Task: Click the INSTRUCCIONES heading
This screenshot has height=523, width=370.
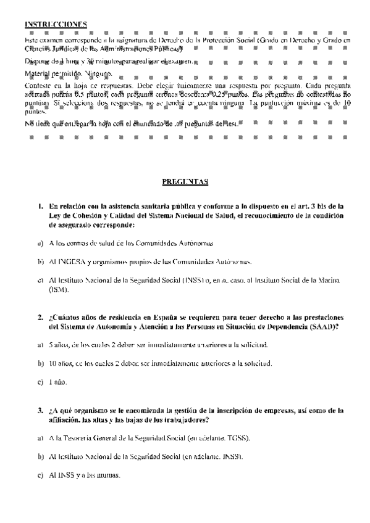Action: click(x=56, y=24)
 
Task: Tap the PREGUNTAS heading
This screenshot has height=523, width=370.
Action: click(x=185, y=182)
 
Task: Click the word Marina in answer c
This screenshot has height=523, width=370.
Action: click(x=334, y=280)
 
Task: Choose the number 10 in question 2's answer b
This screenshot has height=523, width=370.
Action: click(x=52, y=363)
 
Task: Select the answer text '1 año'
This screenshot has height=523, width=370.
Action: click(x=59, y=382)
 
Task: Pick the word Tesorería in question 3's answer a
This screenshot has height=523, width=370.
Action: click(x=80, y=438)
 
